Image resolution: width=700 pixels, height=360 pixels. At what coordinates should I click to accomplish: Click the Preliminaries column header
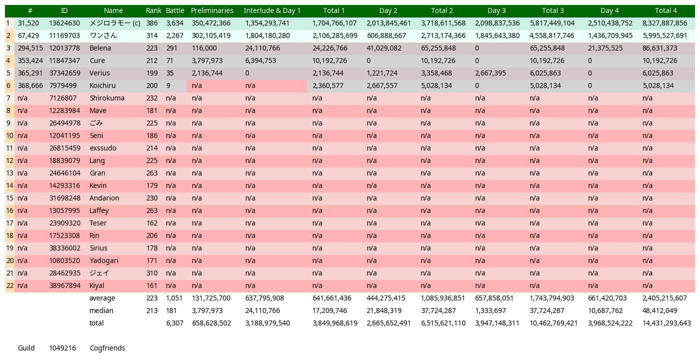[x=212, y=10]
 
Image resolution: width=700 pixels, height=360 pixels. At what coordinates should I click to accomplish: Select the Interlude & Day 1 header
[x=272, y=10]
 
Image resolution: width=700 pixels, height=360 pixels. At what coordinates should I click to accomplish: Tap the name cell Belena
[x=100, y=48]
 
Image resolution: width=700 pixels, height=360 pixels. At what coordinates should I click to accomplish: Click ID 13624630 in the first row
[x=64, y=23]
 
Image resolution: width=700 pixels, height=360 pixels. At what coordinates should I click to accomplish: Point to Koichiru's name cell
[x=102, y=85]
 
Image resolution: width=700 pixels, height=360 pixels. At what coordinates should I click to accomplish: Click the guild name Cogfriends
[x=107, y=348]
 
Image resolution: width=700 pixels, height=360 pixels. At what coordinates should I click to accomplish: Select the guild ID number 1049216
[x=62, y=348]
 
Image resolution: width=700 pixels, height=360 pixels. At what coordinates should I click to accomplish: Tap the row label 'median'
[x=101, y=310]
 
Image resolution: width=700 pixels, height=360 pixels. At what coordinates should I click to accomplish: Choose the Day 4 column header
[x=610, y=10]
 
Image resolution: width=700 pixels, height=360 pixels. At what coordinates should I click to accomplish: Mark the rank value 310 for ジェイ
[x=152, y=273]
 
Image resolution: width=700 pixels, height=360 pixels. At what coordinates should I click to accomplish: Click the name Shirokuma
[x=107, y=98]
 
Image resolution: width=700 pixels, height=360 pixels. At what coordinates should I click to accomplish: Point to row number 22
[x=9, y=285]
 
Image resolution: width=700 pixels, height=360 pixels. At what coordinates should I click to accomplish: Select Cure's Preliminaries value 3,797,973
[x=207, y=60]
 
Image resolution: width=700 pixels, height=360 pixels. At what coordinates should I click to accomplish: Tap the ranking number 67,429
[x=28, y=35]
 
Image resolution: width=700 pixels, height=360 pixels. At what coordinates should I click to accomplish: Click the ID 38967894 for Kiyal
[x=64, y=285]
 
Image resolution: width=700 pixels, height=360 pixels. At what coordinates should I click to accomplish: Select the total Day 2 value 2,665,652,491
[x=389, y=323]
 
